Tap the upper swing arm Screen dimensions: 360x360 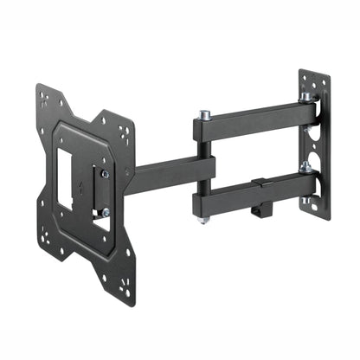(251, 120)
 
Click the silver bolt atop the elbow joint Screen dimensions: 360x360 (205, 113)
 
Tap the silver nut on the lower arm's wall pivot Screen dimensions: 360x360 (305, 166)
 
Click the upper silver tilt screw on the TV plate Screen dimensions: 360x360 (104, 174)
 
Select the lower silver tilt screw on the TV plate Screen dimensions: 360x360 (104, 212)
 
